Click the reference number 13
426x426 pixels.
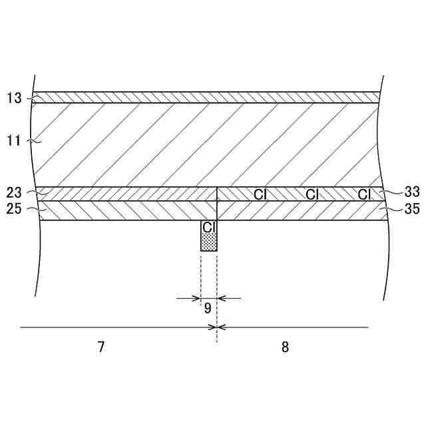coord(14,98)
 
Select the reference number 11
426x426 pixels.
coord(13,141)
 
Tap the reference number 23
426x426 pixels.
coord(14,192)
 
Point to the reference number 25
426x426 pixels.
coord(14,209)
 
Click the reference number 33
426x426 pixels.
coord(412,192)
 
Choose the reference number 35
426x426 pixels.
coord(412,209)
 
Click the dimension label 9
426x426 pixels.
coord(208,308)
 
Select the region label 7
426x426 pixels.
coord(101,347)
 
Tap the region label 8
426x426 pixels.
coord(285,347)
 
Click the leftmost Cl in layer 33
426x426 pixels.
coord(260,194)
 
